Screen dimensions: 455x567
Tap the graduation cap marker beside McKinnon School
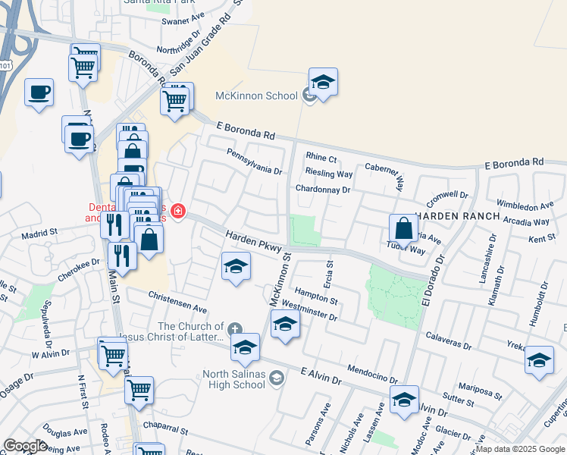coord(323,83)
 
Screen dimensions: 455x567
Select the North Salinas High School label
coord(234,379)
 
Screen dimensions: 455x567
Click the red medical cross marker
coord(178,211)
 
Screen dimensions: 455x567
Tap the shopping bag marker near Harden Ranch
coord(404,227)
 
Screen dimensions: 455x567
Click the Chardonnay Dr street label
coord(323,190)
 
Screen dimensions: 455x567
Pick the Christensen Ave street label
coord(177,303)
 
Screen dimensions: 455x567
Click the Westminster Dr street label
coord(309,310)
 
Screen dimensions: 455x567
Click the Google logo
coord(25,445)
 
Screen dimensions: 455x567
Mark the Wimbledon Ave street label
coord(525,206)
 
